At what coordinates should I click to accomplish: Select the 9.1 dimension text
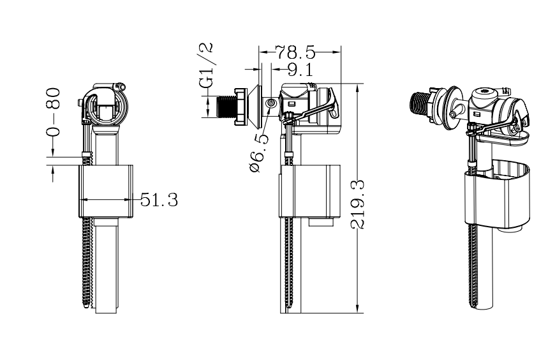tap(300, 68)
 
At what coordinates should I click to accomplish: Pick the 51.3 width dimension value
tap(159, 200)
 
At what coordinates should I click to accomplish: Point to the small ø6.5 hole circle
tap(271, 103)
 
